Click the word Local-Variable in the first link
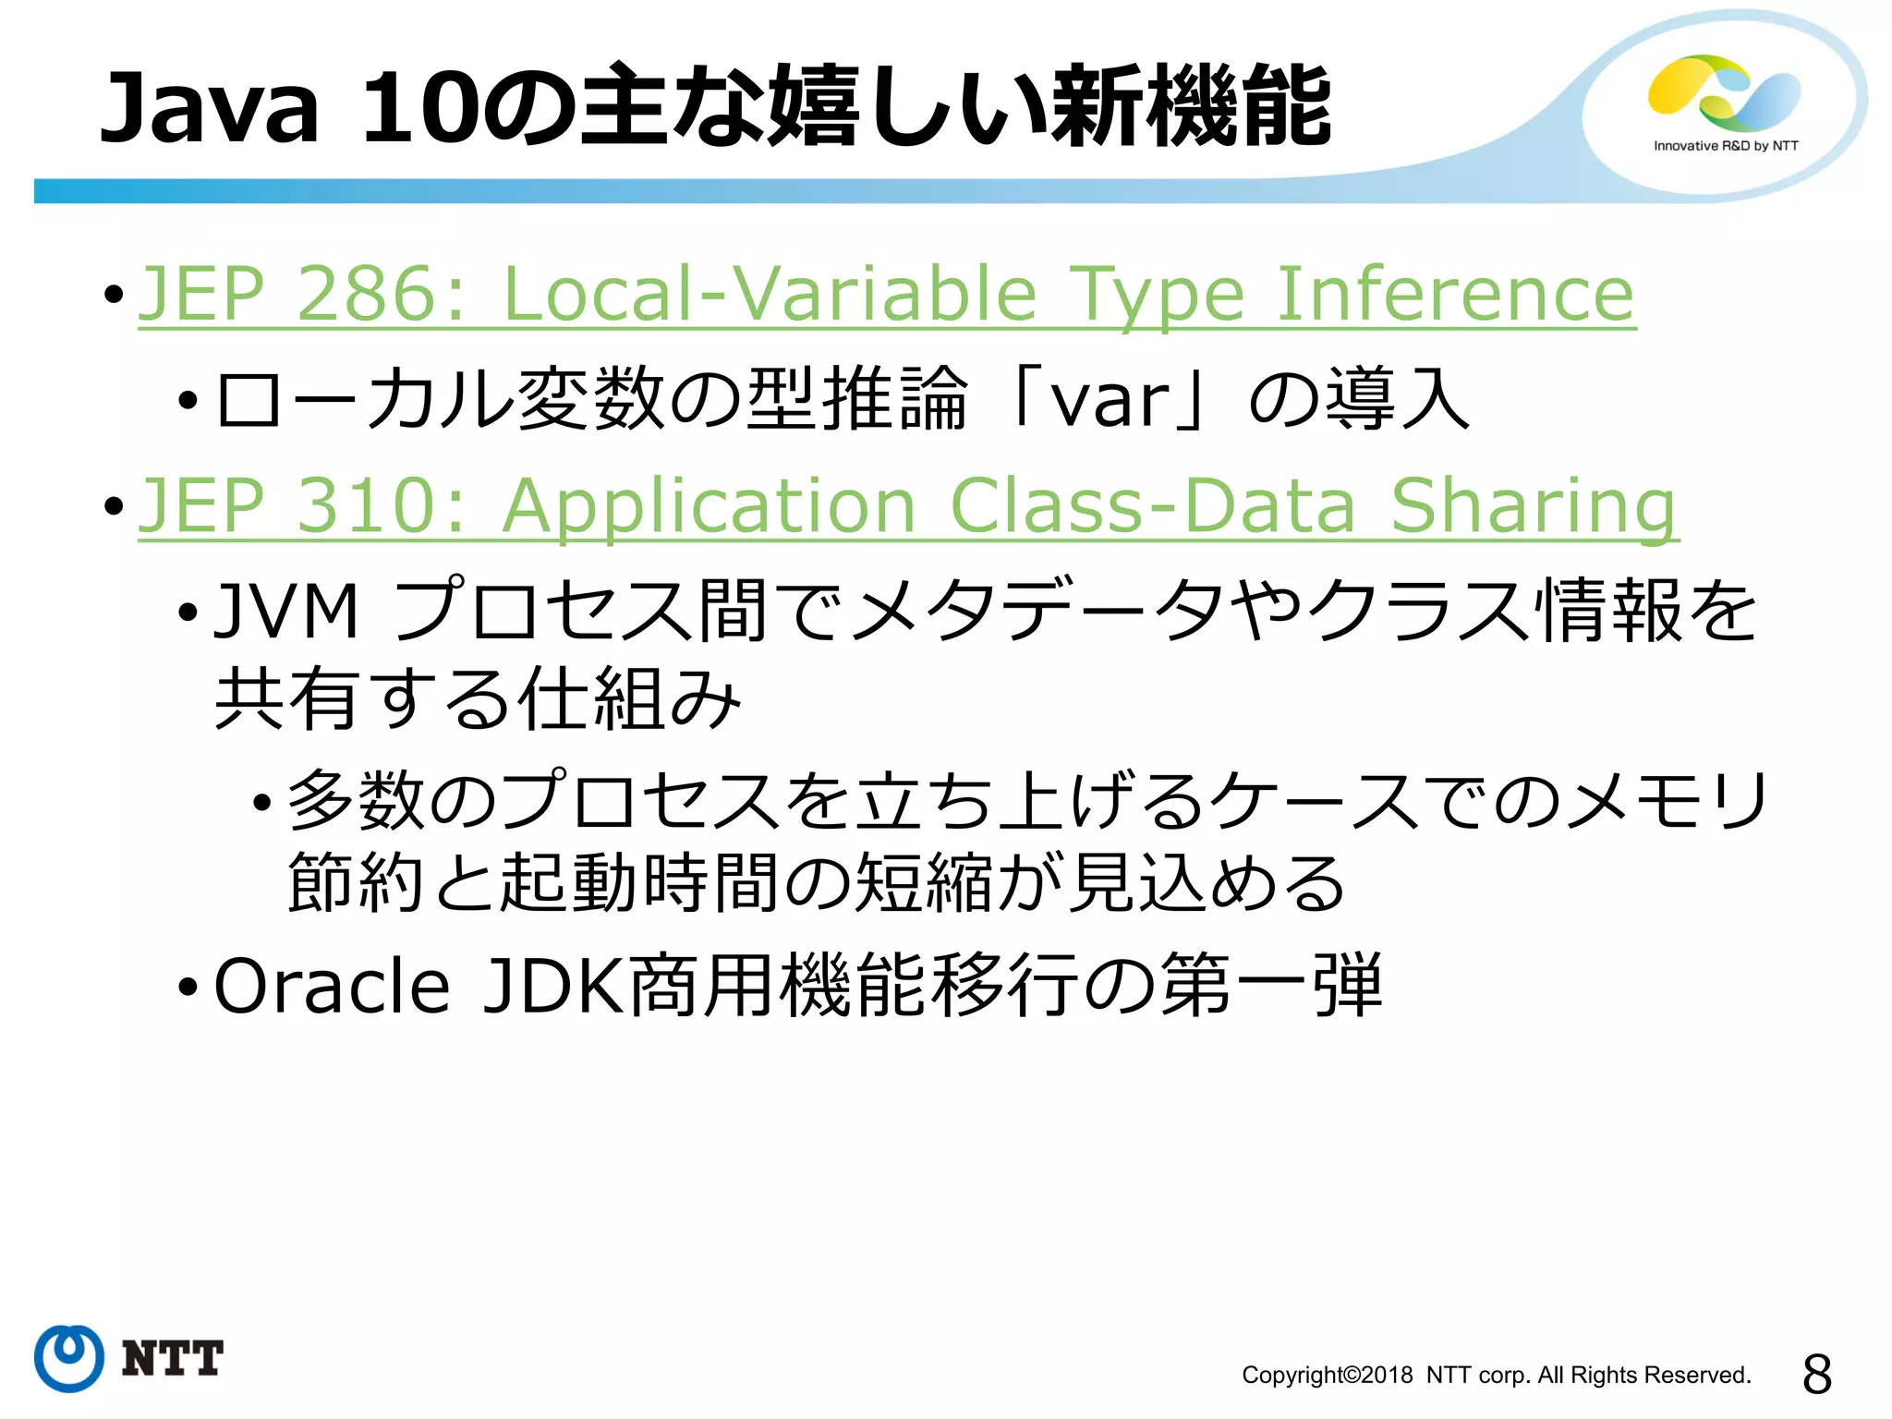(x=770, y=294)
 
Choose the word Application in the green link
(x=709, y=507)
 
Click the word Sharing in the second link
(x=1533, y=507)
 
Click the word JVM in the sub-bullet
(x=285, y=612)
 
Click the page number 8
(x=1816, y=1374)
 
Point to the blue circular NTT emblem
(x=68, y=1358)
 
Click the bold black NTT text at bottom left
(x=173, y=1359)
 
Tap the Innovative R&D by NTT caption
(x=1726, y=146)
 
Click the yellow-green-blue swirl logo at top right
(x=1724, y=91)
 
